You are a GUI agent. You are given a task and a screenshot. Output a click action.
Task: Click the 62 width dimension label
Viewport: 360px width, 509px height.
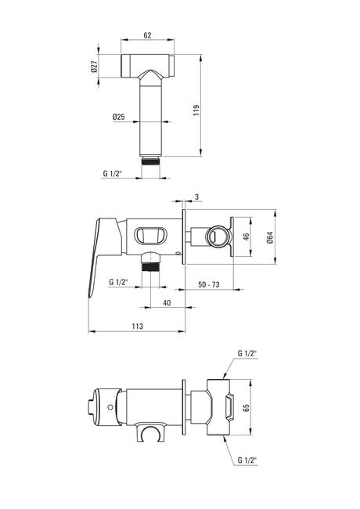coord(147,35)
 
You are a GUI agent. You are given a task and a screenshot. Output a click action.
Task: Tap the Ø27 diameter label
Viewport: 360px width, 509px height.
coord(94,67)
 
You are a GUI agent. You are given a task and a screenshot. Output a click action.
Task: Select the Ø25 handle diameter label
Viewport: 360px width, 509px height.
coord(119,117)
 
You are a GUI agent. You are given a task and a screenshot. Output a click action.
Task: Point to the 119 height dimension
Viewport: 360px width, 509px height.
coord(196,110)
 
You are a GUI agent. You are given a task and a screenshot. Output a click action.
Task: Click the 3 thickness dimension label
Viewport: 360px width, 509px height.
coord(197,197)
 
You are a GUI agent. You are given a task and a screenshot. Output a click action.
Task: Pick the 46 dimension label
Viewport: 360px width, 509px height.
coord(247,236)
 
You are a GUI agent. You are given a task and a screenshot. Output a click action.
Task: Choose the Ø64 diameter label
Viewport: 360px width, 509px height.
coord(270,237)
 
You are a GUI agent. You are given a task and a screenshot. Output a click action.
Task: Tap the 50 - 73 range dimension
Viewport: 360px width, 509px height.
coord(209,285)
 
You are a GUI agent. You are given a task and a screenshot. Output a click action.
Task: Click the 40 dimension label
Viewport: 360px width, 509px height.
coord(167,303)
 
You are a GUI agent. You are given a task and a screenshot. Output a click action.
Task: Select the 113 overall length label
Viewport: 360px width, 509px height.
coord(138,327)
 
